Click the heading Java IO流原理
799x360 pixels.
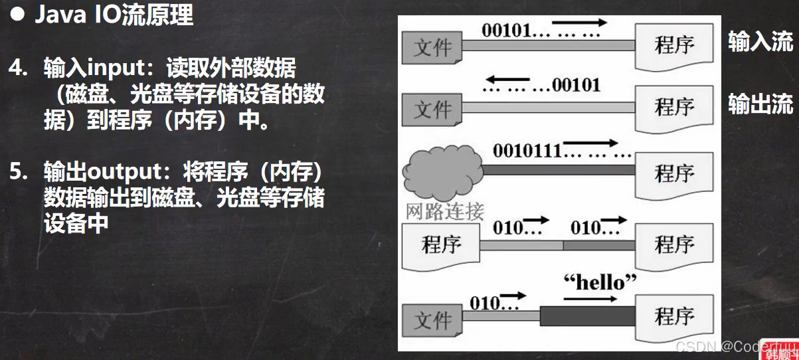coord(114,14)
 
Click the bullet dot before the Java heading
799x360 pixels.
coord(21,14)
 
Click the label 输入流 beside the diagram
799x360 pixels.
coord(760,41)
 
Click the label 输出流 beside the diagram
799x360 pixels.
coord(760,104)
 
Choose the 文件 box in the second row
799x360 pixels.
coord(432,109)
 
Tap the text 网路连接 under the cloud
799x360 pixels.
coord(444,211)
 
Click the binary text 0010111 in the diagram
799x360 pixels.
coord(527,150)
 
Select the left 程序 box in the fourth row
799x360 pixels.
coord(440,244)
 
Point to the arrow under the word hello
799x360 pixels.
coord(590,299)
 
